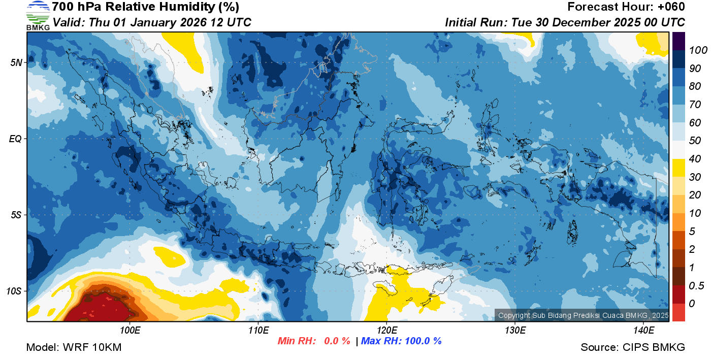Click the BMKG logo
(x=38, y=15)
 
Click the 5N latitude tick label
(x=16, y=63)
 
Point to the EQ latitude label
(x=15, y=139)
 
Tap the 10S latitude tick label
(x=14, y=291)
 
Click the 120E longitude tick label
(x=386, y=331)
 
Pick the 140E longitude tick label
(x=644, y=331)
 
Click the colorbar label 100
(x=691, y=50)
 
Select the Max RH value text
(x=401, y=341)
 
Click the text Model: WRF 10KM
(x=74, y=347)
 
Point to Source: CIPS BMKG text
(x=633, y=347)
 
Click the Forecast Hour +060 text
(x=626, y=7)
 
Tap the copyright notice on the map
(x=583, y=315)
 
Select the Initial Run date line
(x=565, y=22)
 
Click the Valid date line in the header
(x=152, y=22)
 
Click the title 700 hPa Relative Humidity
(x=146, y=7)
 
